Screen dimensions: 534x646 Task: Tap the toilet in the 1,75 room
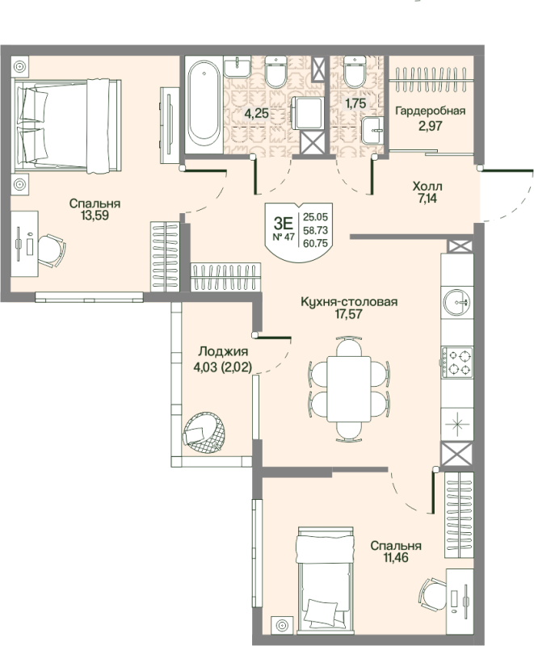[355, 71]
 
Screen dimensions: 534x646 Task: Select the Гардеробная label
[430, 111]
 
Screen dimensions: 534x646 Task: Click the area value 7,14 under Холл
[427, 199]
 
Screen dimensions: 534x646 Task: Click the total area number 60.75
[315, 244]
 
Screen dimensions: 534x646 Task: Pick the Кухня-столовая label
[349, 301]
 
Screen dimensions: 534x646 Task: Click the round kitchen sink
[456, 302]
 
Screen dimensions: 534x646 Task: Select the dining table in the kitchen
[349, 389]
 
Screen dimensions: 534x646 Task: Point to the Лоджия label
[223, 351]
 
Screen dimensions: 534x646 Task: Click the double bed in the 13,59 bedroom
[68, 126]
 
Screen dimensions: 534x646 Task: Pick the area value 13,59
[95, 215]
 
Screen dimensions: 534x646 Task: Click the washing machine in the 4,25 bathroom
[308, 113]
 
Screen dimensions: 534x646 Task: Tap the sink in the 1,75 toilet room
[373, 130]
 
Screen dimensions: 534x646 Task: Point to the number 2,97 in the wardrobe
[431, 126]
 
